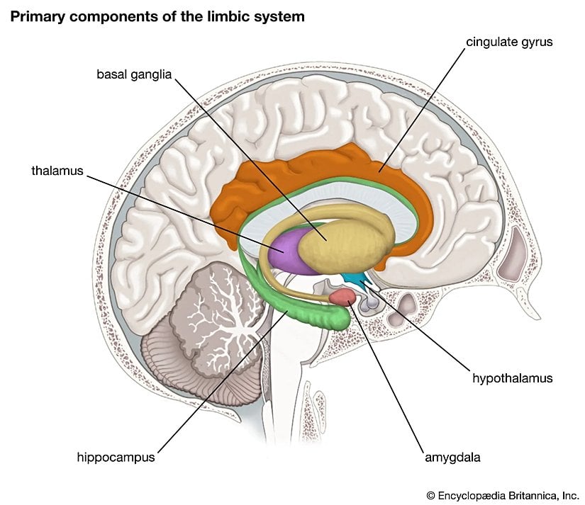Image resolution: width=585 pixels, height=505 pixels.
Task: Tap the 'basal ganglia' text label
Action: (134, 74)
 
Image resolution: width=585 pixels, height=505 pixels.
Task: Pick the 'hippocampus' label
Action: (116, 457)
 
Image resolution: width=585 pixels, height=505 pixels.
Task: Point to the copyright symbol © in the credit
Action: (430, 494)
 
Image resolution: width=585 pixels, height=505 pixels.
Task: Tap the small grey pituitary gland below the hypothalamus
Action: (369, 304)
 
